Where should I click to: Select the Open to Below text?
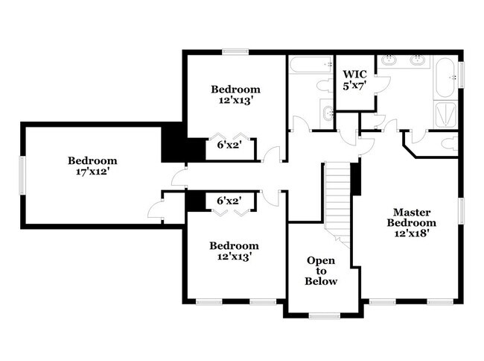click(x=322, y=271)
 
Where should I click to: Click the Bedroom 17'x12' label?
click(x=92, y=166)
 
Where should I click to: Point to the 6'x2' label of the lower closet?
click(x=229, y=200)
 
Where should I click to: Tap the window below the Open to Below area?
click(x=324, y=316)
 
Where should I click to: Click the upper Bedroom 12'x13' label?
click(x=235, y=95)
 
